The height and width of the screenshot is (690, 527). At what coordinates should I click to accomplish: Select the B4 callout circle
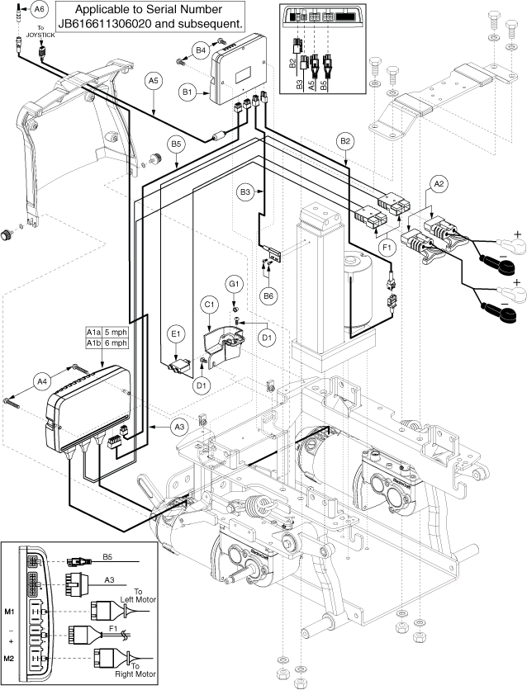click(199, 50)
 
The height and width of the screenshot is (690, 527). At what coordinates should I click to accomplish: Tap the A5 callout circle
click(154, 81)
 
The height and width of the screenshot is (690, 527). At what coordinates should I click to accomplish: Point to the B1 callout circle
click(188, 92)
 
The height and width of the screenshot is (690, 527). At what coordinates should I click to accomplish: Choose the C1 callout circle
click(209, 304)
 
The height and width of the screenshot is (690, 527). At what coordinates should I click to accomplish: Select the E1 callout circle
click(175, 333)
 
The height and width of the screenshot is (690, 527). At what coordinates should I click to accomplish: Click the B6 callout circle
click(268, 295)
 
